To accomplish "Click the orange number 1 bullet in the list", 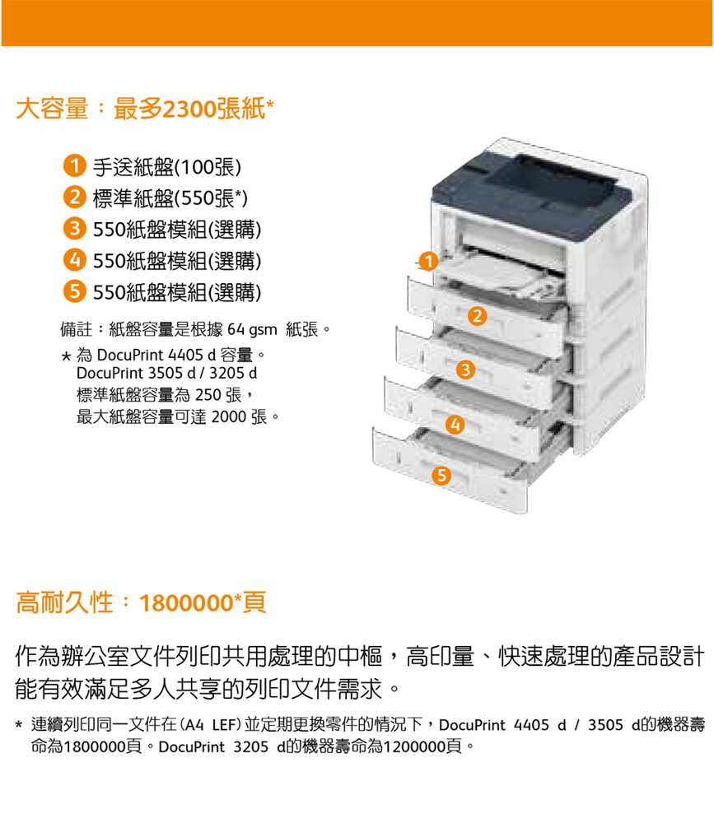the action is pyautogui.click(x=75, y=166).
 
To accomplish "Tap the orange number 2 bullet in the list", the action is pyautogui.click(x=75, y=198).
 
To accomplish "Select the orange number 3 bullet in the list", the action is pyautogui.click(x=75, y=228).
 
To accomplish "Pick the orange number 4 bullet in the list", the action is pyautogui.click(x=75, y=260).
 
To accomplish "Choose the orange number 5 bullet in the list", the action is pyautogui.click(x=75, y=291).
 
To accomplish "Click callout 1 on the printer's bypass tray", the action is pyautogui.click(x=429, y=261).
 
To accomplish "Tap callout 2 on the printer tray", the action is pyautogui.click(x=477, y=316).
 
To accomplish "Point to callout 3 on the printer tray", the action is pyautogui.click(x=465, y=370).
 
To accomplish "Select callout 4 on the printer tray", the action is pyautogui.click(x=455, y=424).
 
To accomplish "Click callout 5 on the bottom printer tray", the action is pyautogui.click(x=441, y=476).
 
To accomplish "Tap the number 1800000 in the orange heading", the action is pyautogui.click(x=186, y=603).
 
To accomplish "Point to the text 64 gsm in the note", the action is pyautogui.click(x=252, y=330).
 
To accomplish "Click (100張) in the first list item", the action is pyautogui.click(x=208, y=167).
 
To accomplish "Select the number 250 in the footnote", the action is pyautogui.click(x=208, y=395).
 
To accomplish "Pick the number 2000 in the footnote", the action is pyautogui.click(x=229, y=416).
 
